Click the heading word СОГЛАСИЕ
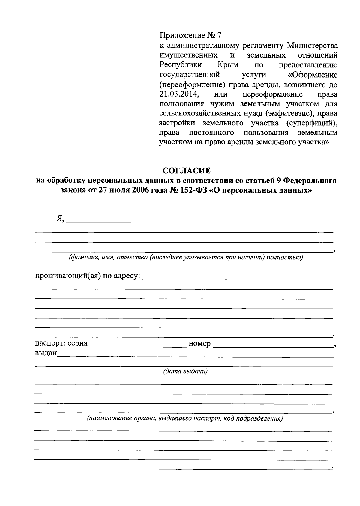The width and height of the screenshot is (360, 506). click(x=186, y=171)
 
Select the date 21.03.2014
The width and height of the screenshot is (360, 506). click(x=179, y=94)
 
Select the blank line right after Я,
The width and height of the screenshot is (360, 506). click(x=200, y=222)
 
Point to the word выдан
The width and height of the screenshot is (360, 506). click(x=46, y=353)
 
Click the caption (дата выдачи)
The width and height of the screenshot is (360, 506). click(x=185, y=372)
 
